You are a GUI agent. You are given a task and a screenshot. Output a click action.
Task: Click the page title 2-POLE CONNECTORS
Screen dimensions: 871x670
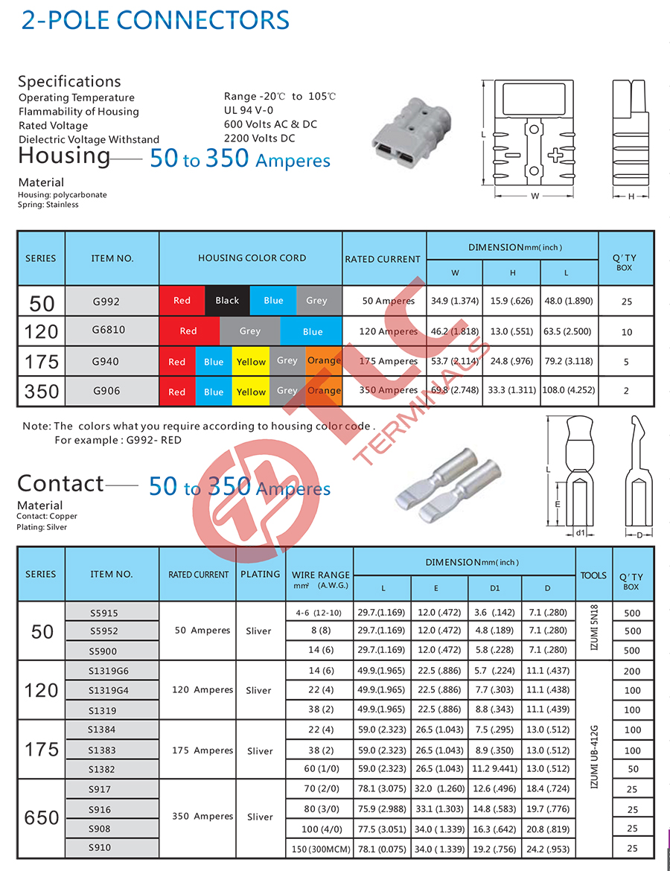pos(155,20)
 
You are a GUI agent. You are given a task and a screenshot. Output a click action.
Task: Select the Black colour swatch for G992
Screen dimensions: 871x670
pos(227,301)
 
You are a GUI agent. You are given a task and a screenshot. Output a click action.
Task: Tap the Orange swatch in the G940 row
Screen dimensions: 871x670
pos(324,361)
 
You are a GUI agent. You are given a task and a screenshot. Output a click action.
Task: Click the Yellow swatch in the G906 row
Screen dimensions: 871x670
pos(251,392)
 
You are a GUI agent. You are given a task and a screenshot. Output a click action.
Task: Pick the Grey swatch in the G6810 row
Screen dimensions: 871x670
pos(250,331)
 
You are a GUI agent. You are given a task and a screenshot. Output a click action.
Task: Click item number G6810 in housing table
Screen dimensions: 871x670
pos(109,331)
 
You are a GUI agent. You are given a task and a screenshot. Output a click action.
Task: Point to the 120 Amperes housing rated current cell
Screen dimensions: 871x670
pos(389,331)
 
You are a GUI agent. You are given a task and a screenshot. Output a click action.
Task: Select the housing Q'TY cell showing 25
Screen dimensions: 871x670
pos(626,301)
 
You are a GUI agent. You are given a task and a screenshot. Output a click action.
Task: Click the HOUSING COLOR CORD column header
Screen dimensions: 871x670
pos(252,258)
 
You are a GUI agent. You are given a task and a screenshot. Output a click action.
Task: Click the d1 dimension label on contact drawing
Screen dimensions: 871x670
pos(581,532)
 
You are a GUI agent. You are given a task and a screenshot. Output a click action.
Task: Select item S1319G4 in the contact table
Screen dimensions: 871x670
pos(108,690)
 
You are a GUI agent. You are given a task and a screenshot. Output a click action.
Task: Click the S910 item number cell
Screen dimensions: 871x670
pos(100,847)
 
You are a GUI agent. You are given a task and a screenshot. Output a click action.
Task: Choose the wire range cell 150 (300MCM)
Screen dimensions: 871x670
pos(320,848)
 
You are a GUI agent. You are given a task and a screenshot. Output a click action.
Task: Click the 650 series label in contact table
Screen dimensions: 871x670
pos(42,818)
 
